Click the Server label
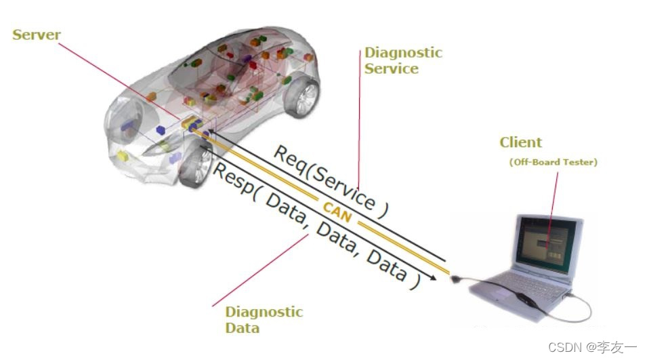(x=37, y=35)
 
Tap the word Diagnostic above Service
(x=403, y=53)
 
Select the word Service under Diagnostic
(x=391, y=68)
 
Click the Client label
(x=521, y=142)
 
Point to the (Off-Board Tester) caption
(x=553, y=162)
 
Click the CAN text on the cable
(x=337, y=209)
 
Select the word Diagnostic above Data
(x=264, y=313)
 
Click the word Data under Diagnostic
(x=242, y=329)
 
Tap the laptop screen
(x=547, y=243)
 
